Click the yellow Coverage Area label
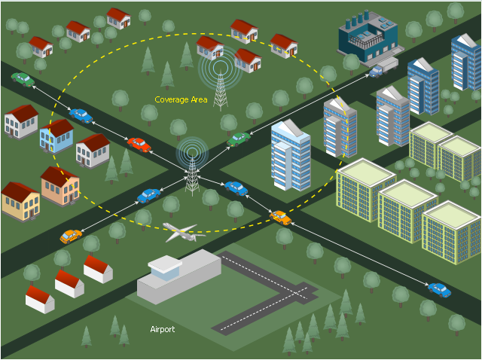(x=181, y=99)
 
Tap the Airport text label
(x=163, y=329)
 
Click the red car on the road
(x=139, y=145)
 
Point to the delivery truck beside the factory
(x=383, y=68)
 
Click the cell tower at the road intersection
(x=192, y=175)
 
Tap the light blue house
(x=57, y=136)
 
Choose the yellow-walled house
(x=20, y=201)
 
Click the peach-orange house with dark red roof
(x=60, y=186)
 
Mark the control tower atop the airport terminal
(x=165, y=268)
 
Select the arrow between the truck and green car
(x=309, y=105)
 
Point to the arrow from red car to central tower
(x=169, y=161)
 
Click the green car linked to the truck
(x=239, y=139)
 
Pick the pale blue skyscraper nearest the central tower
(x=291, y=155)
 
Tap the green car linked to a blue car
(x=23, y=80)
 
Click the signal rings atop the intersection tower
(x=192, y=152)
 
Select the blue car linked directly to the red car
(x=81, y=115)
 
